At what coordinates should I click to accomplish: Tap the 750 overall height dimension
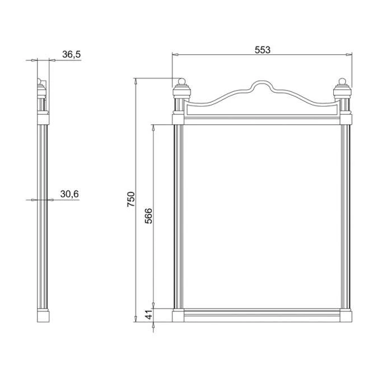(x=131, y=199)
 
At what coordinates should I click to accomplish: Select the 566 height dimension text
(x=149, y=216)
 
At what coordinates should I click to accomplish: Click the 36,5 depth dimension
(x=71, y=54)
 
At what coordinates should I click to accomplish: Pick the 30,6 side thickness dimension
(x=69, y=194)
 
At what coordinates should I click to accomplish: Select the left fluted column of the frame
(x=178, y=216)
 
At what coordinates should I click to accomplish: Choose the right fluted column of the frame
(x=346, y=216)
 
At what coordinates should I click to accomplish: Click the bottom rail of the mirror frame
(x=262, y=316)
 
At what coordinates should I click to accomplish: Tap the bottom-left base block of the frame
(x=178, y=316)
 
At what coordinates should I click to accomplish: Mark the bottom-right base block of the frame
(x=346, y=316)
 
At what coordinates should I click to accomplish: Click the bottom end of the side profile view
(x=43, y=316)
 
